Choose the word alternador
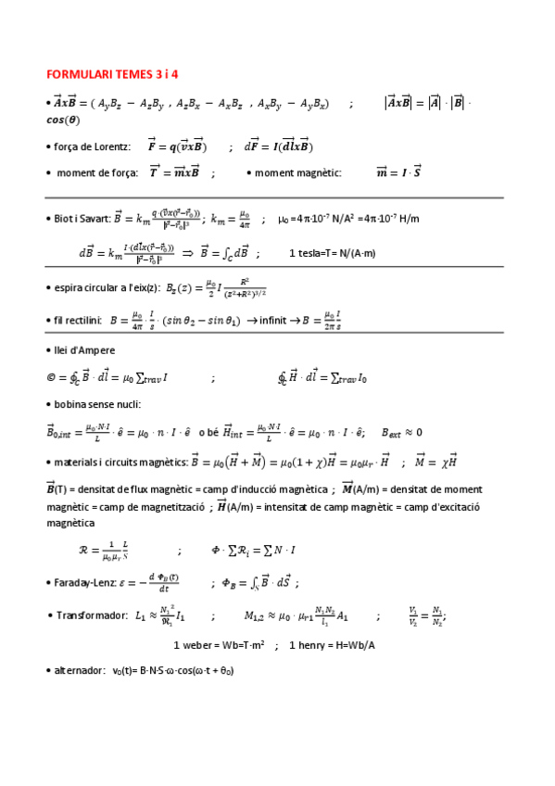(78, 668)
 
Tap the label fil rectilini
(76, 321)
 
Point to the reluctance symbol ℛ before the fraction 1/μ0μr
(83, 550)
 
